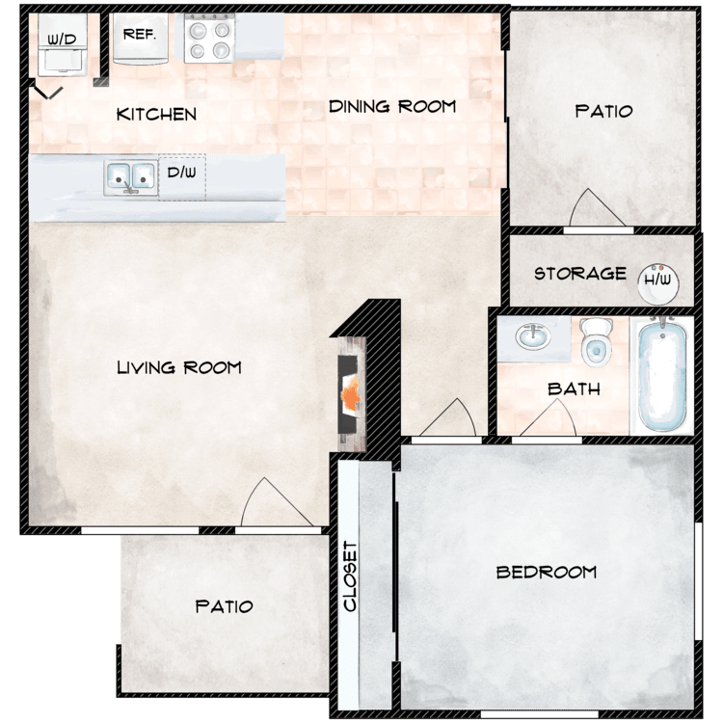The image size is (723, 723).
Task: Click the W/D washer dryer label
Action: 62,40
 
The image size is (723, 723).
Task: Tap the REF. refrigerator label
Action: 140,34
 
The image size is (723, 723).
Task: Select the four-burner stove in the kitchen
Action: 210,39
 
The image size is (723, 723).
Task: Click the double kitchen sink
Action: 130,177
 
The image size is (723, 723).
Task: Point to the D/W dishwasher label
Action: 181,173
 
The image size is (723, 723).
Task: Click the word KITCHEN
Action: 156,115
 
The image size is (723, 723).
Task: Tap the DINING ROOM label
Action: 392,106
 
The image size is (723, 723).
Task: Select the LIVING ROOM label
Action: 179,367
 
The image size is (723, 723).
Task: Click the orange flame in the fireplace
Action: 351,393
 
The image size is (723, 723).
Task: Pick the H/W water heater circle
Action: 658,284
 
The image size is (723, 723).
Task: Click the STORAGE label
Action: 580,274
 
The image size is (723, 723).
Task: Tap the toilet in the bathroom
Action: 596,341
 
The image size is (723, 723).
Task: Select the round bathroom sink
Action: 533,336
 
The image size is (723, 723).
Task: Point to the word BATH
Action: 575,389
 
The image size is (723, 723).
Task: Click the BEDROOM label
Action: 547,573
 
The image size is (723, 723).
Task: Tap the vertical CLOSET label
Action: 350,576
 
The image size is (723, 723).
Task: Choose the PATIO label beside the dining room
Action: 604,111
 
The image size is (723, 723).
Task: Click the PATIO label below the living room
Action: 224,606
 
